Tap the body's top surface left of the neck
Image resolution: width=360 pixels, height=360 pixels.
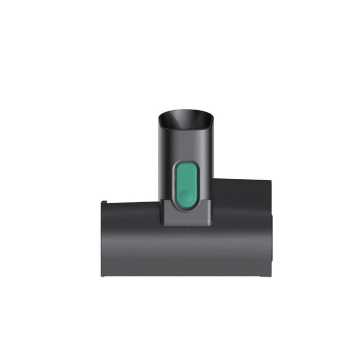131,204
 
